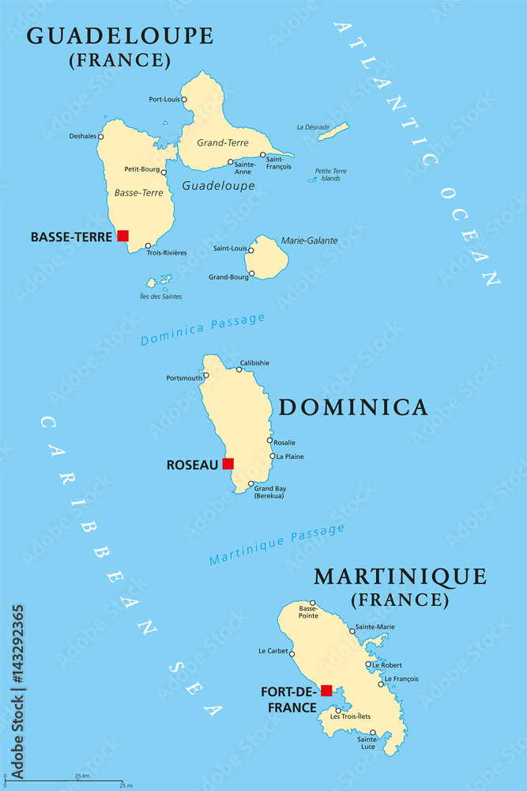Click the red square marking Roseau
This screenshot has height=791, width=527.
coord(228,464)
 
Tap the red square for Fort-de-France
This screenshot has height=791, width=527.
coord(326,691)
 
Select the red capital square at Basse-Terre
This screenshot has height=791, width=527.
coord(122,236)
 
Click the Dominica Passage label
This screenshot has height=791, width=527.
coord(202,329)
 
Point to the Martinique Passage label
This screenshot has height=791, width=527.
coord(277,546)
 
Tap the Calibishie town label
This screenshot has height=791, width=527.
coord(254,363)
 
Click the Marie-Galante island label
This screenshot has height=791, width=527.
coord(310,240)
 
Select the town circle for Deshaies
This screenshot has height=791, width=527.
coord(101,136)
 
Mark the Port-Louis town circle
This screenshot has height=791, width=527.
coord(184,100)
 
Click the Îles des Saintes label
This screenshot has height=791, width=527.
coord(160,297)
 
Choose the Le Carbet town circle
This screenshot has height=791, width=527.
coord(292,653)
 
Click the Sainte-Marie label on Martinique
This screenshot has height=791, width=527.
coord(375,627)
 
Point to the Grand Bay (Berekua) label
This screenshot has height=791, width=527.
coord(269,492)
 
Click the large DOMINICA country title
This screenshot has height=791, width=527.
coord(353,407)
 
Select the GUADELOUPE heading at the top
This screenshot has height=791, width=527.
coord(119,36)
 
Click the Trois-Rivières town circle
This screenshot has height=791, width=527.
coord(148,246)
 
